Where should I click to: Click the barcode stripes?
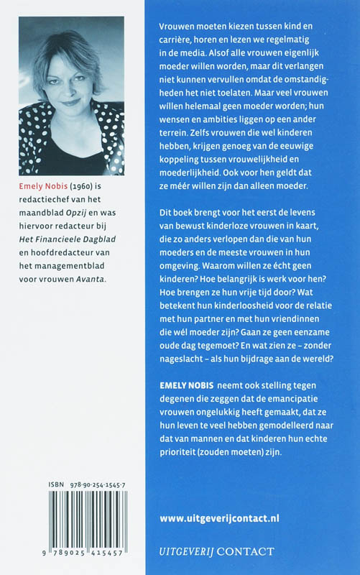click(x=73, y=525)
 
